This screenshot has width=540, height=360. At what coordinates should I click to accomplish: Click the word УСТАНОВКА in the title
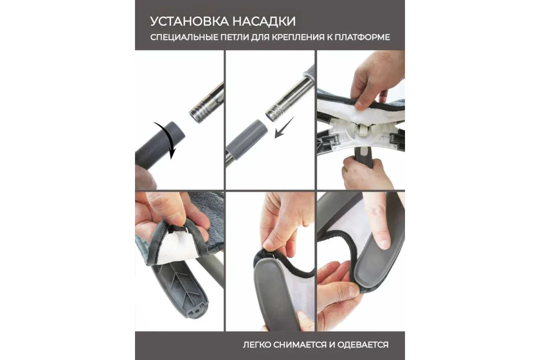click(x=189, y=21)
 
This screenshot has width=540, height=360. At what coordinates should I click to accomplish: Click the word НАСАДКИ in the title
click(x=264, y=21)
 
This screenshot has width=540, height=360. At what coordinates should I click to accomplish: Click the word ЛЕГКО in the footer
click(x=257, y=345)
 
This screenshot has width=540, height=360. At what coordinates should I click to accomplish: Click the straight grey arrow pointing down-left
click(x=284, y=127)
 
